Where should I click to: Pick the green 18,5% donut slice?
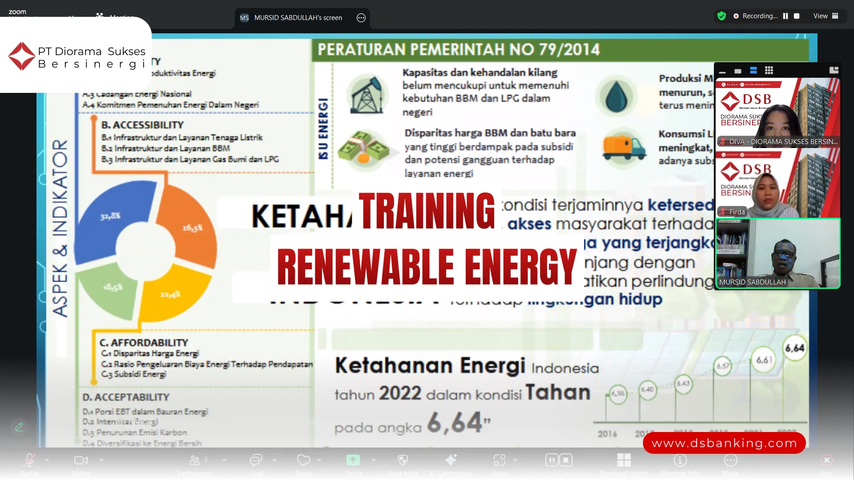(x=111, y=289)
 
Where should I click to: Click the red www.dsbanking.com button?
(x=724, y=443)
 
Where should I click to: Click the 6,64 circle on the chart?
(x=794, y=348)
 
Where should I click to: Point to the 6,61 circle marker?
(x=764, y=360)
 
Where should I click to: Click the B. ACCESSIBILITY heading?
(x=142, y=125)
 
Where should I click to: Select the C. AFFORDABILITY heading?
(x=144, y=343)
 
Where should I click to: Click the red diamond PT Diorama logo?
(x=21, y=56)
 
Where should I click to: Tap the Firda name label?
(x=737, y=212)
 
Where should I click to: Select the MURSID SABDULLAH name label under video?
(x=752, y=282)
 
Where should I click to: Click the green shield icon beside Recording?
(x=721, y=16)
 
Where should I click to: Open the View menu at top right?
(x=826, y=16)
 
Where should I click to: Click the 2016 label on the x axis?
(x=607, y=434)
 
